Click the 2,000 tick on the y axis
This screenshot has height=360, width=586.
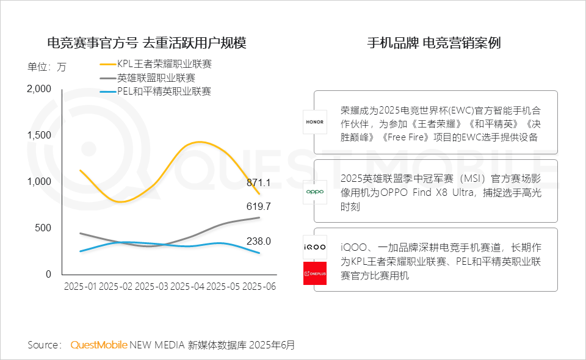tap(40, 89)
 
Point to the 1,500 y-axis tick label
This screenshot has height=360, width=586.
tap(40, 135)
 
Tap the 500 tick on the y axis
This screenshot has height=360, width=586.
tap(43, 228)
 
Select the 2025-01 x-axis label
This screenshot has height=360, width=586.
tap(81, 286)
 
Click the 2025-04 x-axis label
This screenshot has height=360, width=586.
tap(187, 286)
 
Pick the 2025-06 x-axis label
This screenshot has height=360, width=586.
tap(259, 286)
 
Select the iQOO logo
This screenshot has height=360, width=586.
tap(315, 247)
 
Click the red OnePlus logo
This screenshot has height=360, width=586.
tap(315, 273)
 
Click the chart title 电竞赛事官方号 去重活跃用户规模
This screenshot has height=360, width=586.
tap(147, 43)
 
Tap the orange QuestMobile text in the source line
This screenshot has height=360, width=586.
tap(99, 345)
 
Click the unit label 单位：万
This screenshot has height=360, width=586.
tap(47, 67)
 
